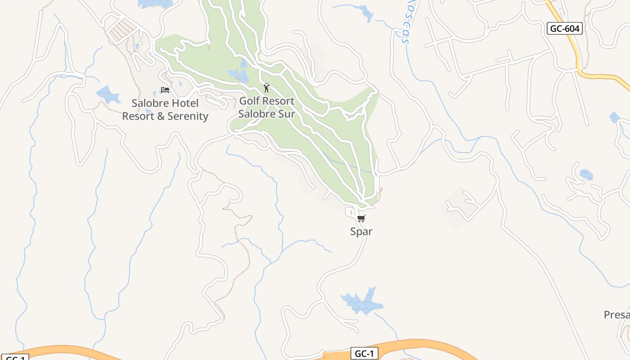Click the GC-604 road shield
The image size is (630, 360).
click(x=565, y=29)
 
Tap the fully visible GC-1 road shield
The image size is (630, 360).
click(x=364, y=354)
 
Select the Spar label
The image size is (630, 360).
click(x=361, y=232)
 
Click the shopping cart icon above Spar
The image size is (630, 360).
click(x=361, y=219)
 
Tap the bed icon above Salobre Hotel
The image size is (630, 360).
click(x=165, y=90)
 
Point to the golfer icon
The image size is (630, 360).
click(x=266, y=87)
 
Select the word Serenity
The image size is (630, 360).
click(x=186, y=117)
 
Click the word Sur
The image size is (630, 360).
click(x=286, y=114)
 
